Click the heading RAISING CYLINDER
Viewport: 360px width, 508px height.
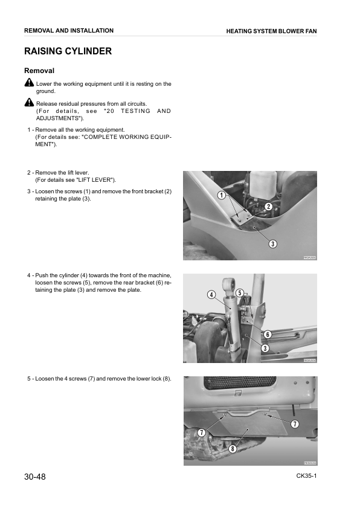tap(68, 51)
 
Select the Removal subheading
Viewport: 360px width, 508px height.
tap(39, 71)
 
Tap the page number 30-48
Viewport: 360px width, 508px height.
tap(35, 477)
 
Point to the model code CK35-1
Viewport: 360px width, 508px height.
tap(306, 476)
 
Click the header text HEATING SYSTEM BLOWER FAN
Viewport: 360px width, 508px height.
tap(271, 31)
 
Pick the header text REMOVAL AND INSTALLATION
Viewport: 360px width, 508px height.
tap(68, 30)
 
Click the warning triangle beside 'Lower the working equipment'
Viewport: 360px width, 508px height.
tap(29, 83)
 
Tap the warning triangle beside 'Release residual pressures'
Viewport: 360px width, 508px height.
tap(29, 103)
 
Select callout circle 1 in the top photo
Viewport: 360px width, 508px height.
tap(222, 195)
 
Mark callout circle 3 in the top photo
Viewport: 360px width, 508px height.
tap(273, 244)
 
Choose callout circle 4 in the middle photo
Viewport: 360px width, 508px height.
tap(211, 295)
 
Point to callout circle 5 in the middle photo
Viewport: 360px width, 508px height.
tap(240, 293)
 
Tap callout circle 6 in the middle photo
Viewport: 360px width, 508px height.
tap(267, 335)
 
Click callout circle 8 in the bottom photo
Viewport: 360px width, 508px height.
tap(233, 449)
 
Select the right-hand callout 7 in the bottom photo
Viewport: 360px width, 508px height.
tap(295, 424)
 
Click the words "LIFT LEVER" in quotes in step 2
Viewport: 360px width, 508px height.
tap(98, 180)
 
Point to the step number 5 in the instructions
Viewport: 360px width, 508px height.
tap(28, 379)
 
